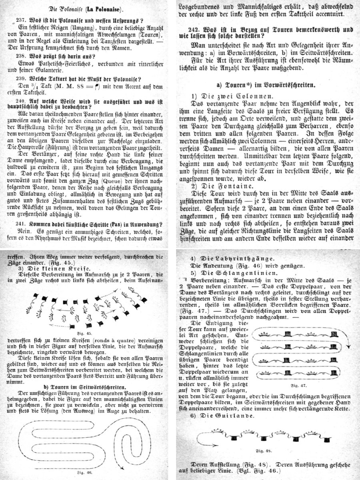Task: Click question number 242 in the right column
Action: click(196, 30)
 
